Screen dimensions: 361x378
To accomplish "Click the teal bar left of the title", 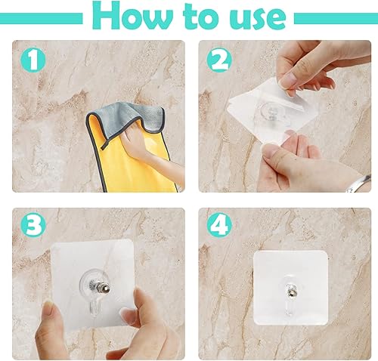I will [x=41, y=17].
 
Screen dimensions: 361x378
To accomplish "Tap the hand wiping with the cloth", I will [x=144, y=143].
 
